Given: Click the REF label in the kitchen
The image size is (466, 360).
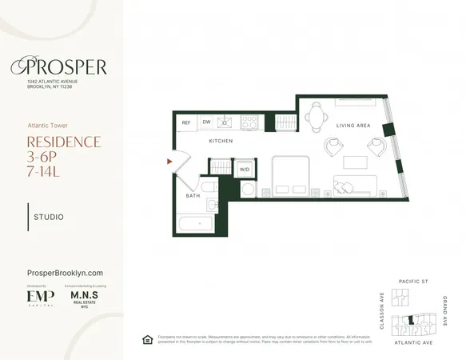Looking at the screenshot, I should (x=186, y=122).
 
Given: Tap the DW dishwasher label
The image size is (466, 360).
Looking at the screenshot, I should (x=206, y=122).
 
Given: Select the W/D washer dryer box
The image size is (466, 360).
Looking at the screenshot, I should (x=244, y=169).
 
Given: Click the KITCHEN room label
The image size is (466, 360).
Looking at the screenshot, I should (x=221, y=141).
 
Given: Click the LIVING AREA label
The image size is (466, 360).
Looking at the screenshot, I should (x=352, y=126).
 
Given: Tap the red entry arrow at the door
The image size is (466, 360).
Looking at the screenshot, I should (x=169, y=162).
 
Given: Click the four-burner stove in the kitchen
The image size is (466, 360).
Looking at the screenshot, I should (x=249, y=122).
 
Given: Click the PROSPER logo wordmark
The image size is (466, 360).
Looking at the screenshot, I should (x=66, y=66).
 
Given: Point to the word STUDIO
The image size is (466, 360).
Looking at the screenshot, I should (x=50, y=217).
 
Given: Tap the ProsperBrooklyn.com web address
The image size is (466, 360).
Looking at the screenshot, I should (x=66, y=273).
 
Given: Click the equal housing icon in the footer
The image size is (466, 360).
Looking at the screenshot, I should (x=146, y=339).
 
